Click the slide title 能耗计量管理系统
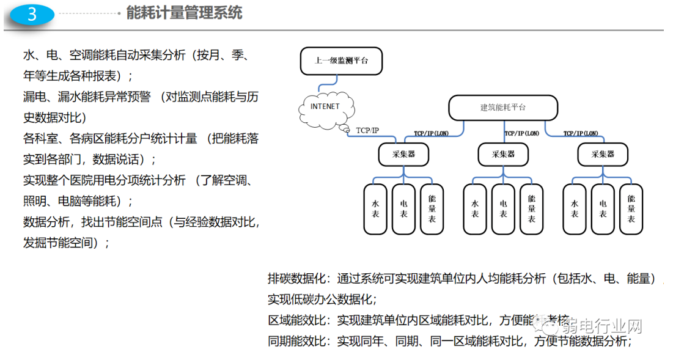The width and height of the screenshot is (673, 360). (x=184, y=13)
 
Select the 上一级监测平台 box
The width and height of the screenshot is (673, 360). (x=341, y=61)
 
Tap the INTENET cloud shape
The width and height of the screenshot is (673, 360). (x=325, y=108)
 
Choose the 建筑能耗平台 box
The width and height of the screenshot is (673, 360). (x=502, y=108)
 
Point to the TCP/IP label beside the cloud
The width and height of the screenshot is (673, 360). (x=367, y=130)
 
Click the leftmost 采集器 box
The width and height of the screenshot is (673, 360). (x=403, y=155)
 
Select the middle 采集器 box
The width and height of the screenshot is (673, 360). (x=503, y=155)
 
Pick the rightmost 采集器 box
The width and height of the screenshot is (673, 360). (x=602, y=155)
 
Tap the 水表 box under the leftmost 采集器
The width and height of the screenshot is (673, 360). (x=375, y=208)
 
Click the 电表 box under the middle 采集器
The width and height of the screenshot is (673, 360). (x=503, y=208)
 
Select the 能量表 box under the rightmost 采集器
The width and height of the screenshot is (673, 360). (x=631, y=208)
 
